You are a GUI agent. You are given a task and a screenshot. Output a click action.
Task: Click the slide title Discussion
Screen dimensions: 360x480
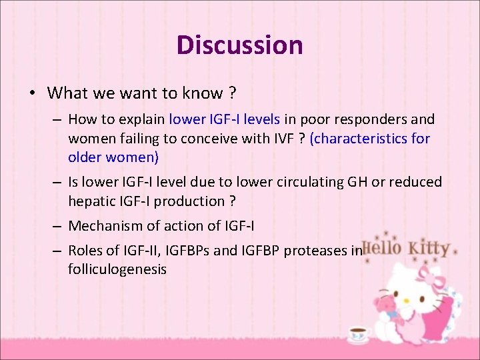(x=239, y=45)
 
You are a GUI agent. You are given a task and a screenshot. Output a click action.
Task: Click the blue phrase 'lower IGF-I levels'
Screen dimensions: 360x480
(x=225, y=119)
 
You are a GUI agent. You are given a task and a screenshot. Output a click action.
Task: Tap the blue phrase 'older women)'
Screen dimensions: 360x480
(x=113, y=157)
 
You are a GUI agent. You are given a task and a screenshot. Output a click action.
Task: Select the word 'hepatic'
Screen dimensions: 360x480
(x=91, y=201)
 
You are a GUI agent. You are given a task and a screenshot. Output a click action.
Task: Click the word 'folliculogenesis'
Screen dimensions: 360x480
(x=117, y=269)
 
